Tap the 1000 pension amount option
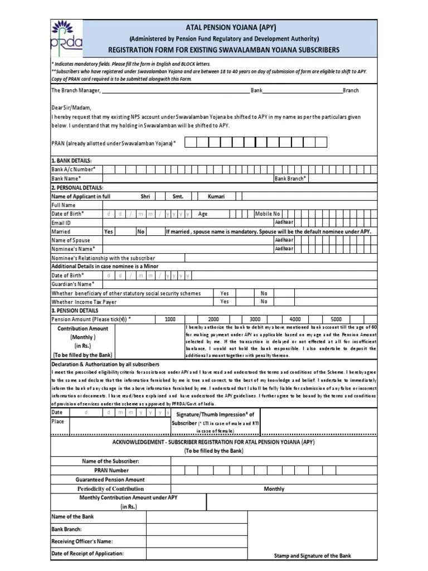170,319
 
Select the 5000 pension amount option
336,319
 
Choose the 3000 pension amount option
255,319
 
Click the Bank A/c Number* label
73,169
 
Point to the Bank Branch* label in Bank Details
290,178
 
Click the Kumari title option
217,196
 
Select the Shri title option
145,196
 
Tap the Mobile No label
267,214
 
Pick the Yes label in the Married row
109,231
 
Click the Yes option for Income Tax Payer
224,302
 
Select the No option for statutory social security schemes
264,293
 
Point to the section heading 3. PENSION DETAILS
75,310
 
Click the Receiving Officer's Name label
82,541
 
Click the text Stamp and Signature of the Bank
313,555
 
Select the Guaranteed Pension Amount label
110,480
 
